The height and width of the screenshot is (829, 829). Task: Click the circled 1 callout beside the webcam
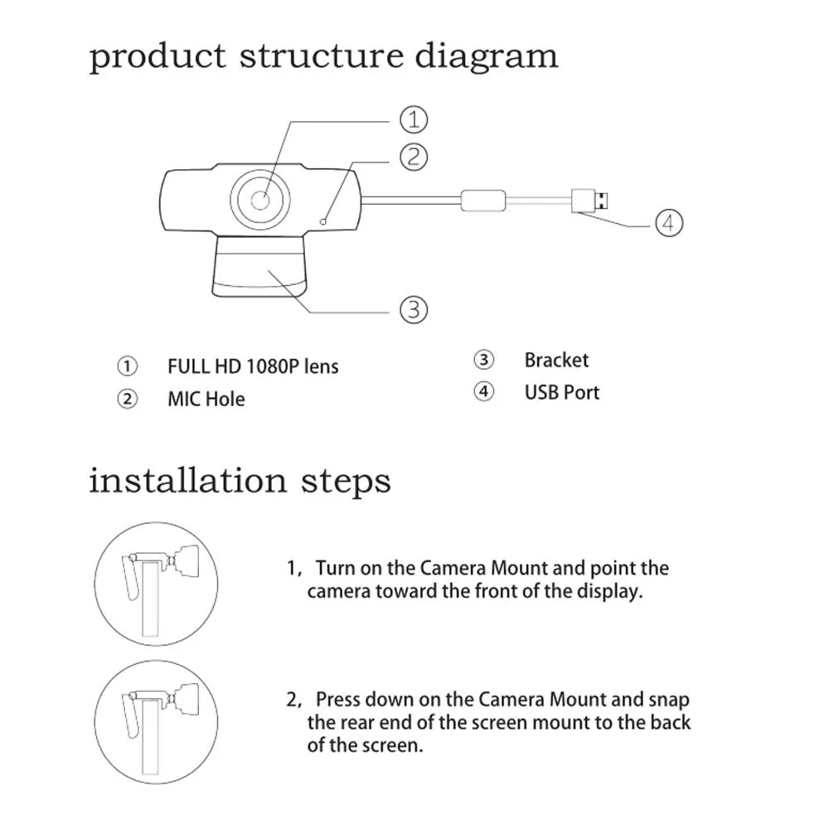point(414,119)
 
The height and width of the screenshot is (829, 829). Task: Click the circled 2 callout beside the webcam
point(414,156)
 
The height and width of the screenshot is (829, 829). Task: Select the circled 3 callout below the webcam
point(414,310)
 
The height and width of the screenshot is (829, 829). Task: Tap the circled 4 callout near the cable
point(669,222)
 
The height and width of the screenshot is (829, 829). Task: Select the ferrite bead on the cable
point(483,200)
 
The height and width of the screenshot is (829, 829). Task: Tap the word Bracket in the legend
point(556,361)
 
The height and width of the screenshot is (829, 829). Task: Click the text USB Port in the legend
point(561,392)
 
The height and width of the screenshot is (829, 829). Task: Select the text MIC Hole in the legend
point(206,399)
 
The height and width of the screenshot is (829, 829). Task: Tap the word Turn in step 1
point(336,569)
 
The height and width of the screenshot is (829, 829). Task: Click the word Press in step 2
point(339,700)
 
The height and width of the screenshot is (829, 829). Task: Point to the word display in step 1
point(611,592)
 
